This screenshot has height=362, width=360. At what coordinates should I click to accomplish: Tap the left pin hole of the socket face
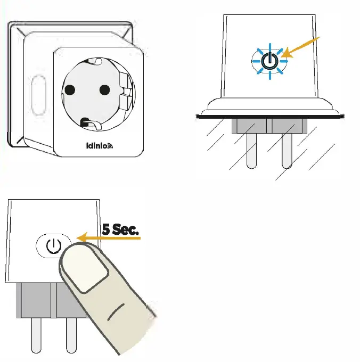pyautogui.click(x=69, y=90)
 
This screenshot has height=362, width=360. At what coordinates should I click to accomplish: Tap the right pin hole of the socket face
pyautogui.click(x=104, y=89)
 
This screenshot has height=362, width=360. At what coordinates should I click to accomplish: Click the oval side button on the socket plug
pyautogui.click(x=37, y=96)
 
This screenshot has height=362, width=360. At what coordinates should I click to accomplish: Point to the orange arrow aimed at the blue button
pyautogui.click(x=303, y=46)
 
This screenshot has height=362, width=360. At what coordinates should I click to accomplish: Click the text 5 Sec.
pyautogui.click(x=120, y=230)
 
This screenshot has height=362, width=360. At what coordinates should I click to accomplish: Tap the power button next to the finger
pyautogui.click(x=52, y=246)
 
